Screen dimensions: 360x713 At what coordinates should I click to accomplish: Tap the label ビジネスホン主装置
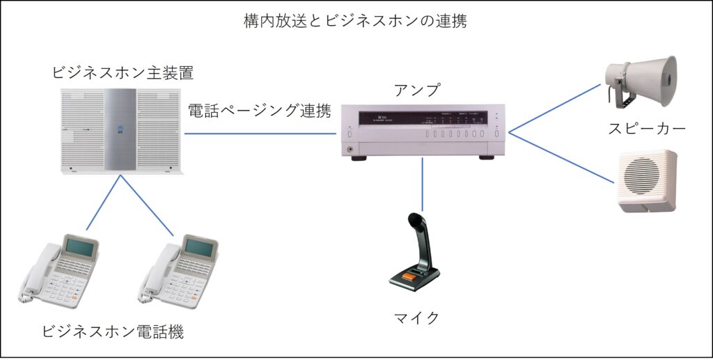pos(123,72)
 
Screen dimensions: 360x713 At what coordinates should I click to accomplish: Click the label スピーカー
pos(645,128)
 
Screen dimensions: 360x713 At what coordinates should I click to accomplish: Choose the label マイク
pos(417,318)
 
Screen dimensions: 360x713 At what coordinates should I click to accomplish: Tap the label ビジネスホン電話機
pos(113,331)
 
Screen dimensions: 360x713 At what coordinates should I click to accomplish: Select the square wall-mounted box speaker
pos(646,180)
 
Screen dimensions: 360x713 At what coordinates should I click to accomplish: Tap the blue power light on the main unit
pos(120,128)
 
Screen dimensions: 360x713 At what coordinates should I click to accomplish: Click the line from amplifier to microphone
pos(423,185)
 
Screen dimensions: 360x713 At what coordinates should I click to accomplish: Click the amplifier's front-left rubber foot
pos(359,157)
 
